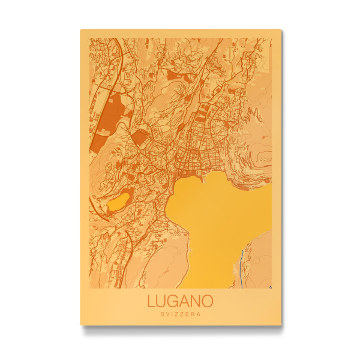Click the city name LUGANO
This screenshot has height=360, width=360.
click(180, 301)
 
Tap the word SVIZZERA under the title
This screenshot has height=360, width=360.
click(180, 314)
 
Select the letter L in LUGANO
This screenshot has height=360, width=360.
click(151, 301)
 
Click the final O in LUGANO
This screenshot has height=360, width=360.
click(208, 301)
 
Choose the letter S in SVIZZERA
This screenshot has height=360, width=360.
click(162, 314)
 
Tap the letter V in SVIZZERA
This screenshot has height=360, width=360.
click(167, 314)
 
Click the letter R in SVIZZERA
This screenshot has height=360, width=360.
click(193, 314)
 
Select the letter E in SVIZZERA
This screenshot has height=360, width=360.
click(187, 314)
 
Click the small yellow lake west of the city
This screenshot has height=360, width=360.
click(119, 201)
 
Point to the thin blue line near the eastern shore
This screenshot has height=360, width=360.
click(241, 264)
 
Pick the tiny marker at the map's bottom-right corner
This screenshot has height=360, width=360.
click(270, 287)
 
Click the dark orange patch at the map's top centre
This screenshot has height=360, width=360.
click(175, 75)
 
